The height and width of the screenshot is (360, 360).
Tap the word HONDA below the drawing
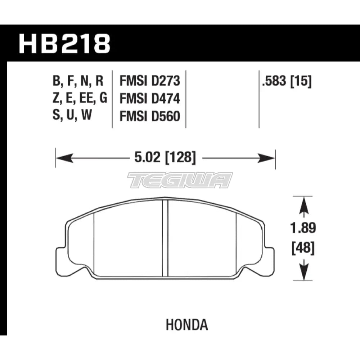click(187, 325)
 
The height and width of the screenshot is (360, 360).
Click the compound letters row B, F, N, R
click(78, 81)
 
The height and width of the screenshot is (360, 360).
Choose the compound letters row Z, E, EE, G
click(80, 98)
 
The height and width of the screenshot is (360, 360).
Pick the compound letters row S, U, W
click(71, 116)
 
